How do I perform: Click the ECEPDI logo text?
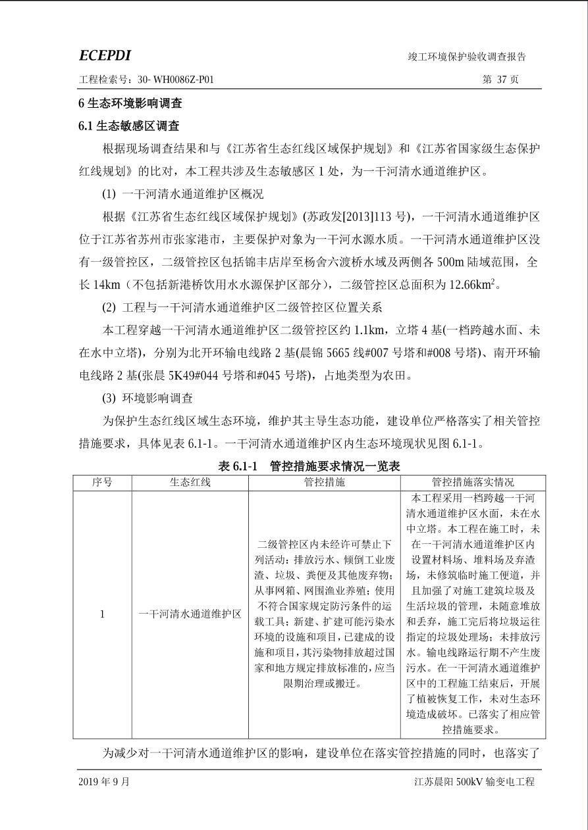tap(105, 56)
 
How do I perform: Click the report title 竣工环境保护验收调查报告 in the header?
tap(467, 57)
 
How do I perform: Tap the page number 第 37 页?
tap(500, 80)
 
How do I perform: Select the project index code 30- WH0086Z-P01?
tap(176, 80)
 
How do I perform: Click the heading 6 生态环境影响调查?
tap(130, 103)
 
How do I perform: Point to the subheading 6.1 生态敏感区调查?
tap(128, 126)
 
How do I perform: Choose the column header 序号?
tap(102, 482)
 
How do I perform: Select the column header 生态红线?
tap(190, 482)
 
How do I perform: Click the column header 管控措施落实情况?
tap(472, 482)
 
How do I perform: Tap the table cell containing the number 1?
tap(102, 614)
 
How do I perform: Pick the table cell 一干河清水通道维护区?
tap(190, 614)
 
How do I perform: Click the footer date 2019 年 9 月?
tap(104, 782)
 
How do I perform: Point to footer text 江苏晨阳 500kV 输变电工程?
tap(474, 782)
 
